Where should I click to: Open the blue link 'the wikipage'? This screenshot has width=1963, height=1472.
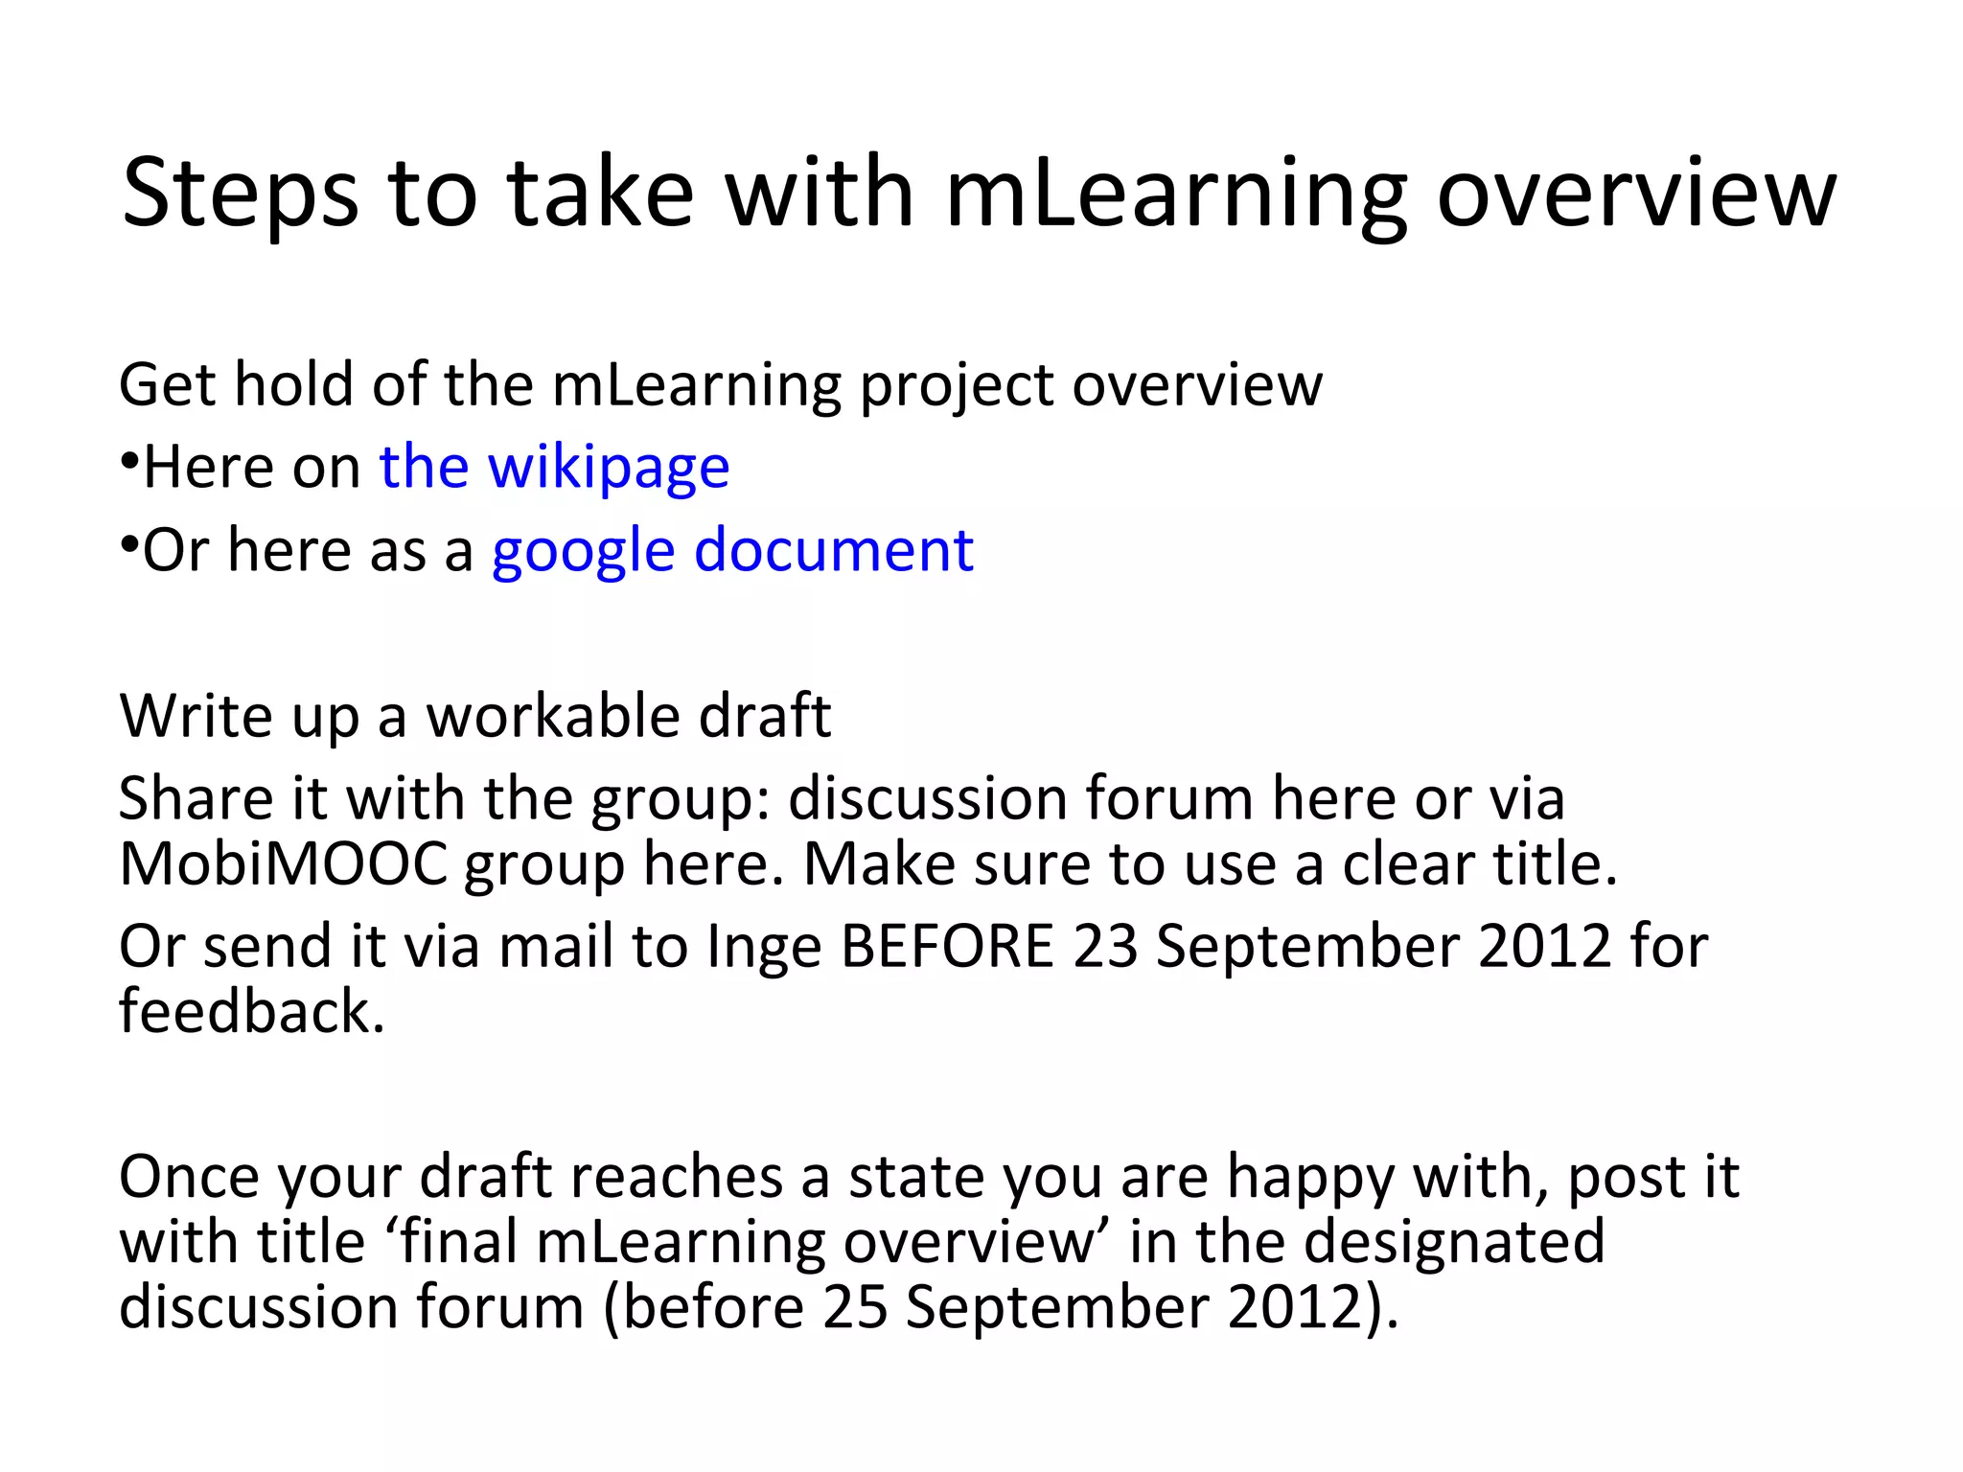pyautogui.click(x=554, y=468)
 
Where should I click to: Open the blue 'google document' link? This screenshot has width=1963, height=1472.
pyautogui.click(x=732, y=551)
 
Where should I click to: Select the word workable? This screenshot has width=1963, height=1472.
pyautogui.click(x=552, y=716)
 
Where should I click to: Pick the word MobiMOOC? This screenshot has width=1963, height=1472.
pyautogui.click(x=283, y=864)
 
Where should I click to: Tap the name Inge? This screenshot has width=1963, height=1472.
pyautogui.click(x=764, y=948)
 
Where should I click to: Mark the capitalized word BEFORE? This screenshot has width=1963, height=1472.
pyautogui.click(x=947, y=947)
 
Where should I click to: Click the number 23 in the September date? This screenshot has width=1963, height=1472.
pyautogui.click(x=1105, y=947)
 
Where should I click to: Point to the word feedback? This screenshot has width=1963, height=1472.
pyautogui.click(x=251, y=1012)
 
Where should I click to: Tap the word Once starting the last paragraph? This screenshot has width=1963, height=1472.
pyautogui.click(x=190, y=1178)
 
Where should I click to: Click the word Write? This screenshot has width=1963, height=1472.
pyautogui.click(x=196, y=716)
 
